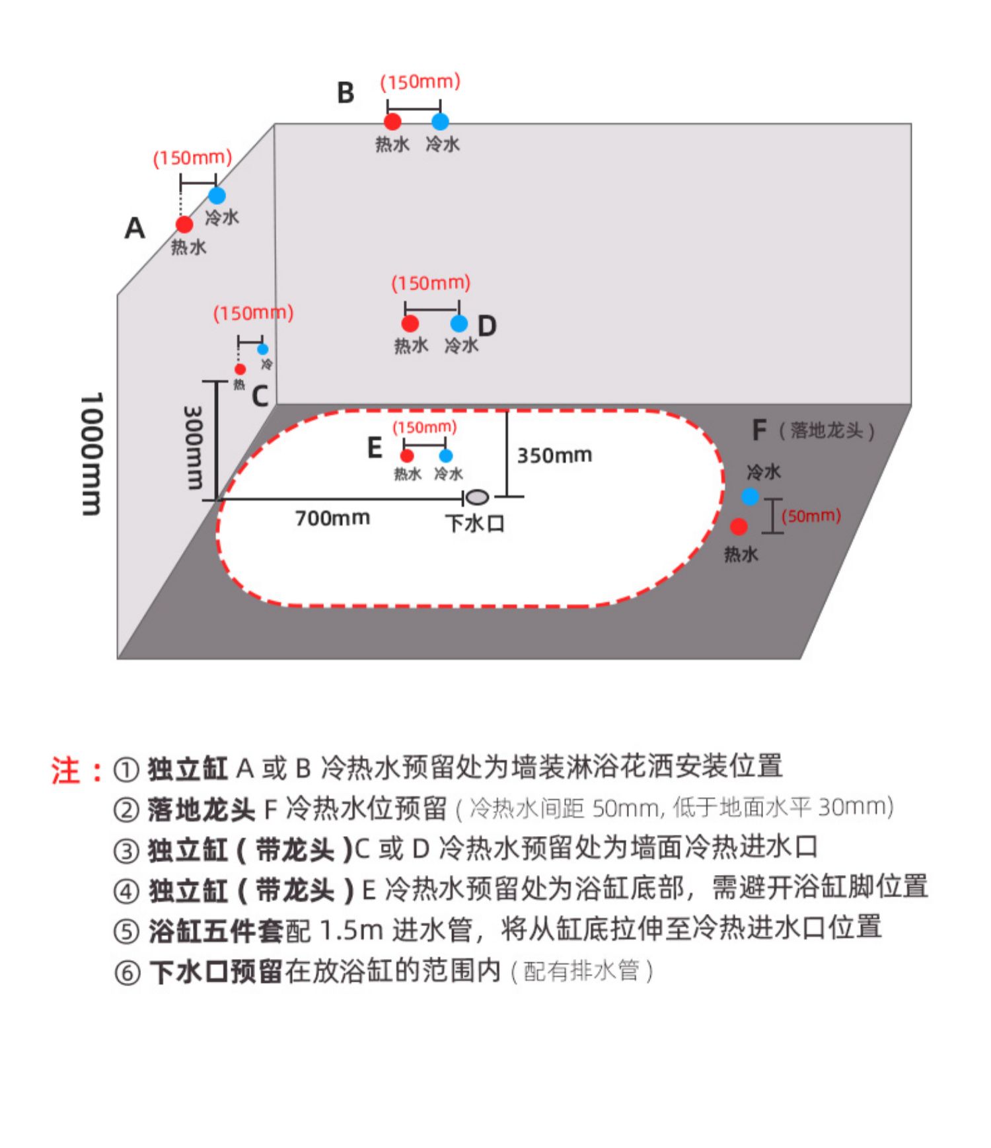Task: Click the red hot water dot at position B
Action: point(392,122)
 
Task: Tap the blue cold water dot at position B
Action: point(440,122)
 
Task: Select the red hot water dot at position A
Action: point(184,225)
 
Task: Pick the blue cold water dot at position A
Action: point(217,196)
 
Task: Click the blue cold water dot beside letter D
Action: point(459,324)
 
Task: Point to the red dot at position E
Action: point(407,456)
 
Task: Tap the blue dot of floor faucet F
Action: point(750,496)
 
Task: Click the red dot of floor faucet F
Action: point(739,527)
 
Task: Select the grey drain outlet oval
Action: point(477,497)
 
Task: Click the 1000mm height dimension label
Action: point(91,454)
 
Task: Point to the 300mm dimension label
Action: point(193,447)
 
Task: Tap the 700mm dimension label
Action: point(332,518)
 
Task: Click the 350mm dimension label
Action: point(554,455)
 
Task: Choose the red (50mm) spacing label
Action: point(811,516)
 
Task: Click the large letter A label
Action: point(135,229)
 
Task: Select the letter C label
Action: point(260,397)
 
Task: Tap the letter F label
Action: point(759,430)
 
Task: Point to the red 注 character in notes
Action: point(66,771)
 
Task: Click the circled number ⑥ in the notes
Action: point(127,973)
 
